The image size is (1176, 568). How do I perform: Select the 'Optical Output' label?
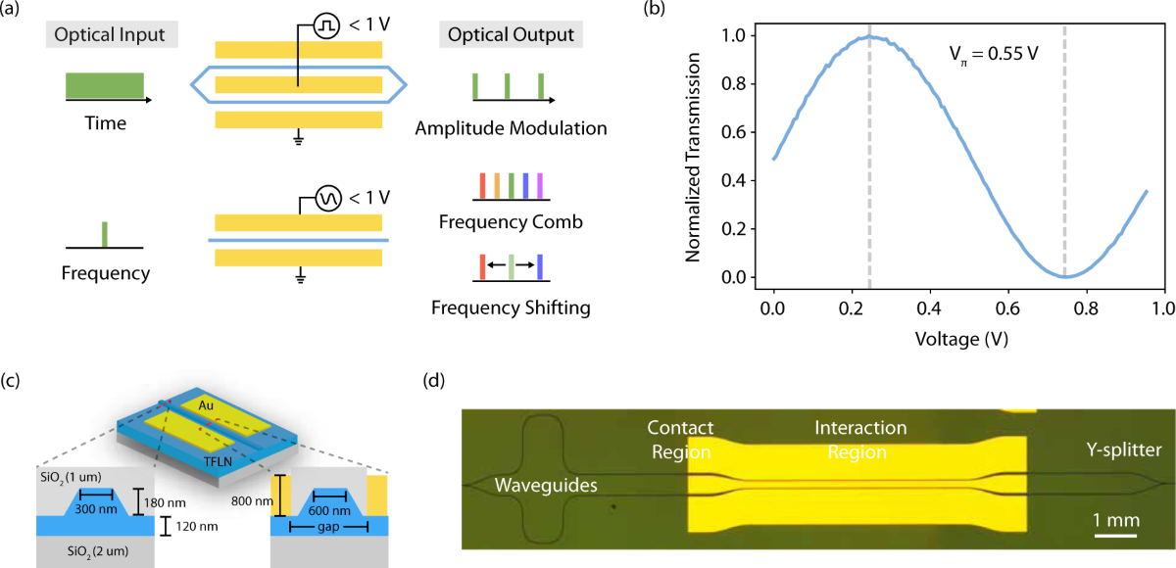tap(512, 36)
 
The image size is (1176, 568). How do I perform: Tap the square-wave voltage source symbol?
tap(324, 28)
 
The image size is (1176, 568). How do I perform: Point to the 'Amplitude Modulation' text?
tap(511, 128)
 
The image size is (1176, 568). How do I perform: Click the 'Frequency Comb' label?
tap(511, 222)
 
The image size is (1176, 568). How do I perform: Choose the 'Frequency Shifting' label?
tap(511, 308)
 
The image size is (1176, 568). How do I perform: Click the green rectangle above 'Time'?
tap(105, 86)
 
